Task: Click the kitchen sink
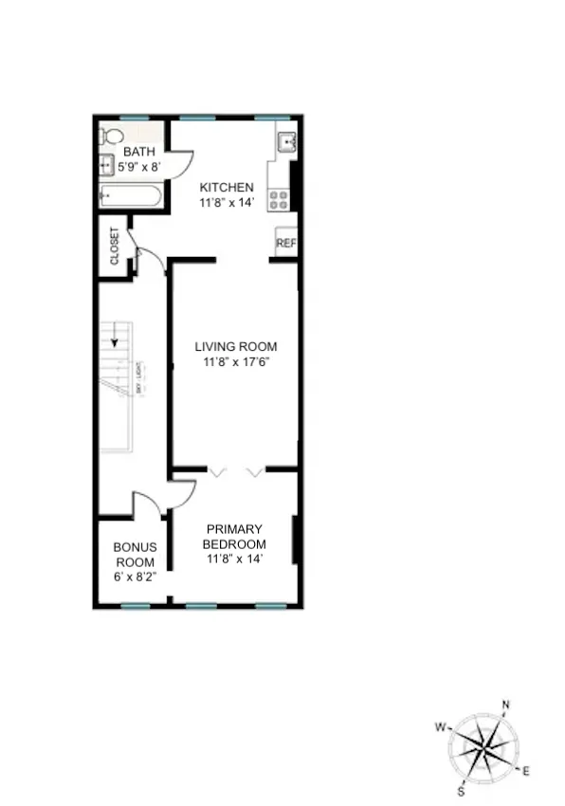click(286, 143)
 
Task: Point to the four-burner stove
click(279, 198)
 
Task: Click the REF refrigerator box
click(286, 243)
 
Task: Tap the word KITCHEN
click(227, 188)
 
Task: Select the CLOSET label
click(115, 246)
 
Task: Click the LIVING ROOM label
click(236, 347)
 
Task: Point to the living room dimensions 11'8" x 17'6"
click(236, 362)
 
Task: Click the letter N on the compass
click(505, 705)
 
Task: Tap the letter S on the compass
click(462, 791)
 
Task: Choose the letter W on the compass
click(441, 727)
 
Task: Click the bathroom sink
click(105, 165)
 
